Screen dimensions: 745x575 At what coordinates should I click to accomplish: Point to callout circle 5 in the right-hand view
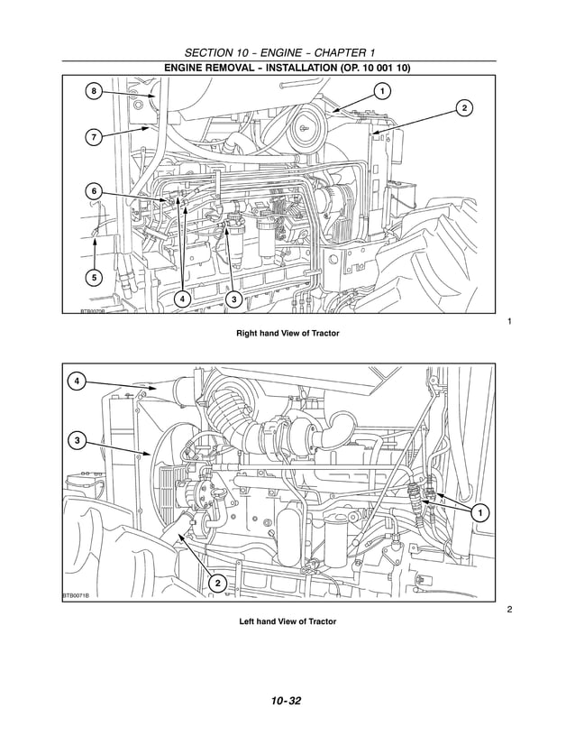coord(95,277)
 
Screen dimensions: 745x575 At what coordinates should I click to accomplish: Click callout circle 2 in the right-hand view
coord(464,109)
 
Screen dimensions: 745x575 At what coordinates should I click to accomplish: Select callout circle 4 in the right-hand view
coord(182,298)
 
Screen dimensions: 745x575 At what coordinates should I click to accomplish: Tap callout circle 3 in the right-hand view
coord(233,298)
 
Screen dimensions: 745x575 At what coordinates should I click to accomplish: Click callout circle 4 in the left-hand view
coord(78,382)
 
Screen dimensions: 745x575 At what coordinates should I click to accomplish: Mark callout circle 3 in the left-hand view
coord(78,440)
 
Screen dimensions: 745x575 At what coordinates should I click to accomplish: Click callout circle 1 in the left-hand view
coord(480,512)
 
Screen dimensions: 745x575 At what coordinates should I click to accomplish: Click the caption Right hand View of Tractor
coord(287,334)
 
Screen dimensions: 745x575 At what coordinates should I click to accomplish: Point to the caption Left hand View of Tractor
coord(287,621)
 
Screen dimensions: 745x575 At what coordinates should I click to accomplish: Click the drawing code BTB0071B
coord(76,595)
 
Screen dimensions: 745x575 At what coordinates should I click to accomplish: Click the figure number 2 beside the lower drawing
coord(509,611)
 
